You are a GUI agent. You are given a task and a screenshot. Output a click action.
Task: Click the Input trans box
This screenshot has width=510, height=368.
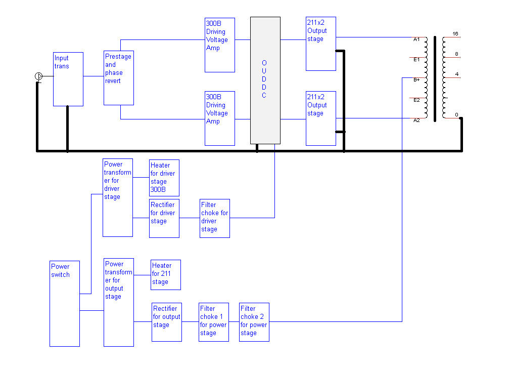[68, 79]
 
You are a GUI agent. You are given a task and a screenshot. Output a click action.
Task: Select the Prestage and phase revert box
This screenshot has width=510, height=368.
[119, 78]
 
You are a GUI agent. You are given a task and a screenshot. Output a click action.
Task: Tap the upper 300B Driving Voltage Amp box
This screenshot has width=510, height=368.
[220, 45]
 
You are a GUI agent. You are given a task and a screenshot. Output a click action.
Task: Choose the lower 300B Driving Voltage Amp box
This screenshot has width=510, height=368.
[220, 118]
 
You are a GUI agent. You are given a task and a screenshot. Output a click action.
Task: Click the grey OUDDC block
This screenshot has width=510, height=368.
[265, 80]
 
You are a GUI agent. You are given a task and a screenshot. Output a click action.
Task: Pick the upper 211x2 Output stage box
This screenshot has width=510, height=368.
[321, 44]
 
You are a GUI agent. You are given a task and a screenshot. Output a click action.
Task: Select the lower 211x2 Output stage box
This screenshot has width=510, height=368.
[321, 118]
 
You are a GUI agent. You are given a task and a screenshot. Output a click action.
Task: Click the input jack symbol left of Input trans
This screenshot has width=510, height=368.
[39, 76]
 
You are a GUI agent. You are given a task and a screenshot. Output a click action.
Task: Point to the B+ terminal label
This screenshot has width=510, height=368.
[416, 80]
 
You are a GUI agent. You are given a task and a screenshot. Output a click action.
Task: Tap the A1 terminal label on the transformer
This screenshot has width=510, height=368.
[416, 39]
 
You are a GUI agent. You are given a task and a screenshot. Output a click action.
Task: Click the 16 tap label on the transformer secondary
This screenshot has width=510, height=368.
[455, 33]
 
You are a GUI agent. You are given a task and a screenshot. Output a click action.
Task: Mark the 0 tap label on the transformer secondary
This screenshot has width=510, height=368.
[456, 114]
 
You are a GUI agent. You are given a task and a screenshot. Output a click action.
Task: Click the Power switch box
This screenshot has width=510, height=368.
[65, 304]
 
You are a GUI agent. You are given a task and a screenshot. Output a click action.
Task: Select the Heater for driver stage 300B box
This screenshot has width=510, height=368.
[164, 178]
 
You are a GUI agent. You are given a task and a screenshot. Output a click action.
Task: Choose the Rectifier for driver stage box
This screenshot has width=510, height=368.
[164, 219]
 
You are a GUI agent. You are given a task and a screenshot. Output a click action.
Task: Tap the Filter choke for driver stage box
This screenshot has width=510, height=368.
[215, 219]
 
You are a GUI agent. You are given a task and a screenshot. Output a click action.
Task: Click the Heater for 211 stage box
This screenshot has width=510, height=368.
[166, 275]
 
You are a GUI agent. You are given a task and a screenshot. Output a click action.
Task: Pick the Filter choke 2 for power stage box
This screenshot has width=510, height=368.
[254, 322]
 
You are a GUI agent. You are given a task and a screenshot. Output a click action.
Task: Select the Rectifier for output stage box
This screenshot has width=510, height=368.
[167, 322]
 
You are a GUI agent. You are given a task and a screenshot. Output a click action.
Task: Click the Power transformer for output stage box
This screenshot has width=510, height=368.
[119, 303]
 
